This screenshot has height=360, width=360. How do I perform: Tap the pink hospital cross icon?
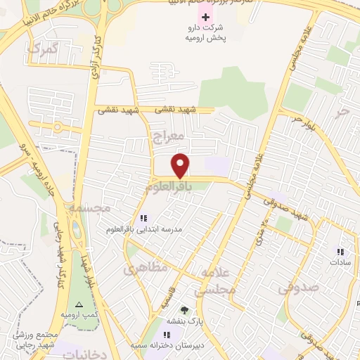[205, 16]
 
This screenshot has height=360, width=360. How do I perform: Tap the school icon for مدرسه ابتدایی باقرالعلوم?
[144, 218]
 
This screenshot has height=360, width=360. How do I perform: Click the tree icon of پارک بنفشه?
[184, 310]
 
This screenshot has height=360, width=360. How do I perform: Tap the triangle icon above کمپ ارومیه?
[79, 305]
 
